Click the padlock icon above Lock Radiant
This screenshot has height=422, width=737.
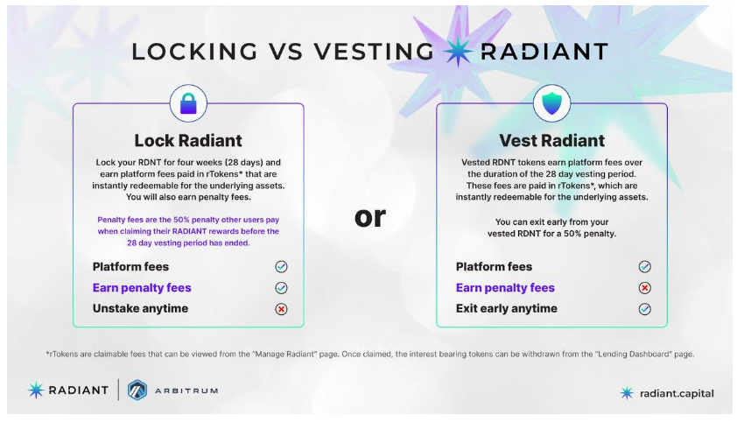point(188,103)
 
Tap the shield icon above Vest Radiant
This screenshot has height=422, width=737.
point(551,103)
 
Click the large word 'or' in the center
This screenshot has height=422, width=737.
point(370,217)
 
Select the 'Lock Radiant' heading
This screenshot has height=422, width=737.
point(188,140)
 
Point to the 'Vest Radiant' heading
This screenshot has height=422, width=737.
point(551,140)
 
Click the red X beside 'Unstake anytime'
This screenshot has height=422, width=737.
point(281,309)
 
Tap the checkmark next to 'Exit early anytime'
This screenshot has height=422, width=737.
point(645,309)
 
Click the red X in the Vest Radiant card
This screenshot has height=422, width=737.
point(645,287)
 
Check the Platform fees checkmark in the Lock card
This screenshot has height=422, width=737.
point(281,266)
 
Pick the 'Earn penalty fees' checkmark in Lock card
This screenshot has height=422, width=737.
point(281,287)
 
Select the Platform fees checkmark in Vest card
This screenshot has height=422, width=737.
point(645,266)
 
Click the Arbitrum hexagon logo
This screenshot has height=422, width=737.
point(137,390)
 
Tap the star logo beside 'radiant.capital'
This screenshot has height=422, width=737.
point(627,393)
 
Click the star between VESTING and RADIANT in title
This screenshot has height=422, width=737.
point(457,51)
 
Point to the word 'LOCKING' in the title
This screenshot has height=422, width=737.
point(194,52)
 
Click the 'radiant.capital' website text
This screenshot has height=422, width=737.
point(677,393)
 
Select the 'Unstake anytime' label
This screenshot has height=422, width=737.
point(140,308)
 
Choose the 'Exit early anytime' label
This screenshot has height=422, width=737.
point(506,308)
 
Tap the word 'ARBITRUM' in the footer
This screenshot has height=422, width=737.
point(186,390)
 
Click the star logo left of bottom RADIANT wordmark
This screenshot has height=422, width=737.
point(36,390)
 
